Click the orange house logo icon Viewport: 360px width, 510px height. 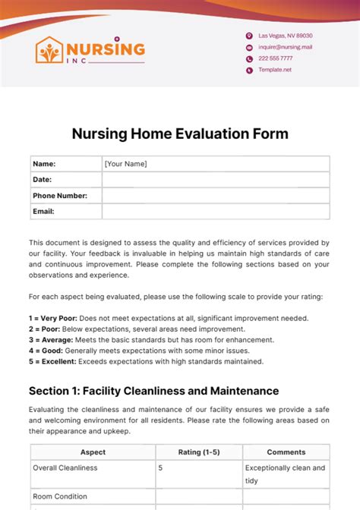[49, 50]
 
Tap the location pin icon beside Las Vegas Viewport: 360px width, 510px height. [248, 36]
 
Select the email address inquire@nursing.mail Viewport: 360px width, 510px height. [285, 47]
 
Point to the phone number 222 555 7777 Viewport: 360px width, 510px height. [276, 58]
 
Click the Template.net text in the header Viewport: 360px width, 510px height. [275, 70]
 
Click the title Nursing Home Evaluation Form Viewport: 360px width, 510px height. [180, 134]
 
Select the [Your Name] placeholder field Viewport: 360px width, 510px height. [125, 164]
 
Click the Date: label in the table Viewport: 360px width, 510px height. [42, 180]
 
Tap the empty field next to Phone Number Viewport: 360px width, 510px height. [216, 196]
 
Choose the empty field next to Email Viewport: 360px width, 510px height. [216, 212]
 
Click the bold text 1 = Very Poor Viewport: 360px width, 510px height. [54, 318]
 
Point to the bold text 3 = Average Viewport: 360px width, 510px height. [52, 340]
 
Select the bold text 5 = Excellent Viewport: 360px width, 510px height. [54, 361]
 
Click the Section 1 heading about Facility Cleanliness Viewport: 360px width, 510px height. [153, 391]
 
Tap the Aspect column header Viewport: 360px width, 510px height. [93, 452]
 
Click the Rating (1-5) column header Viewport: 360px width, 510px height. [200, 452]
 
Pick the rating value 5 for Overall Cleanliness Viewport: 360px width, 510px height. [160, 468]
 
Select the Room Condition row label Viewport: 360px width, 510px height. [60, 496]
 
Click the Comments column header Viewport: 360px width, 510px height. [286, 452]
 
